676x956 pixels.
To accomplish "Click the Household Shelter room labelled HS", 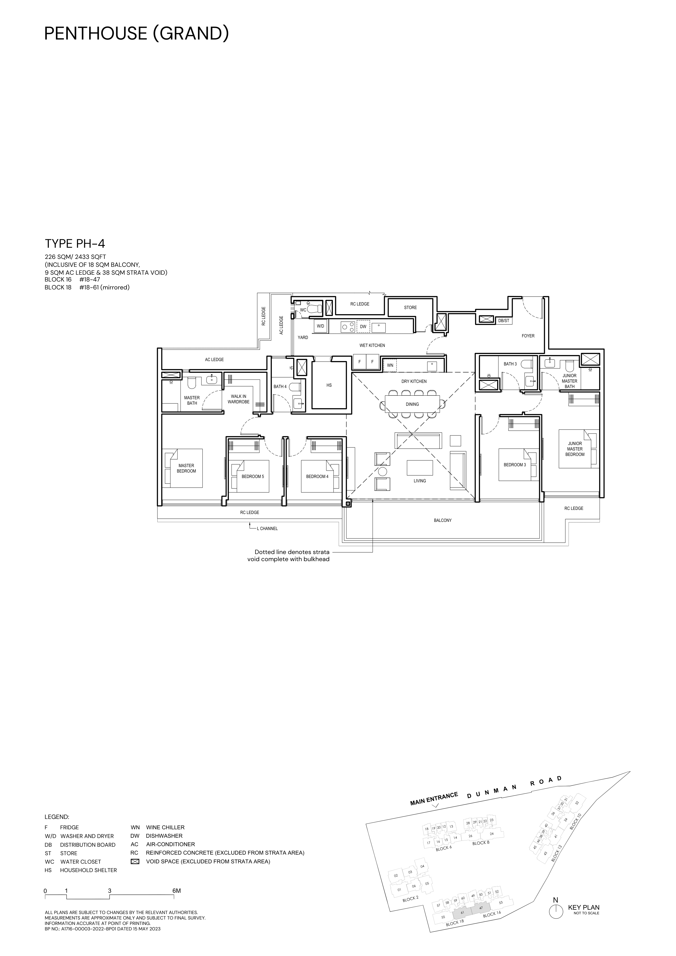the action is point(329,385).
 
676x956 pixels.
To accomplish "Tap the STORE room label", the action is point(410,307).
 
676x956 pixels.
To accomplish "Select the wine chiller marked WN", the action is point(390,365).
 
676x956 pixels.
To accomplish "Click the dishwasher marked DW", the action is point(363,326).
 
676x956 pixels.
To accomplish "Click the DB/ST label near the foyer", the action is point(504,320).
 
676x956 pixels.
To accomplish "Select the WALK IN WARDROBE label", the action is point(239,399).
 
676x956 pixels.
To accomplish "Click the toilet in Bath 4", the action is point(295,386).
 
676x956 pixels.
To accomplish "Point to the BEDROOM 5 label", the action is point(253,476).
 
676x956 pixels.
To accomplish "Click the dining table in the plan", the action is point(412,404).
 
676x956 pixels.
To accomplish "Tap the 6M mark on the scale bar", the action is point(177,891).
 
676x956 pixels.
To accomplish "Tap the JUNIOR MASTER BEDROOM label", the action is point(575,449).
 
